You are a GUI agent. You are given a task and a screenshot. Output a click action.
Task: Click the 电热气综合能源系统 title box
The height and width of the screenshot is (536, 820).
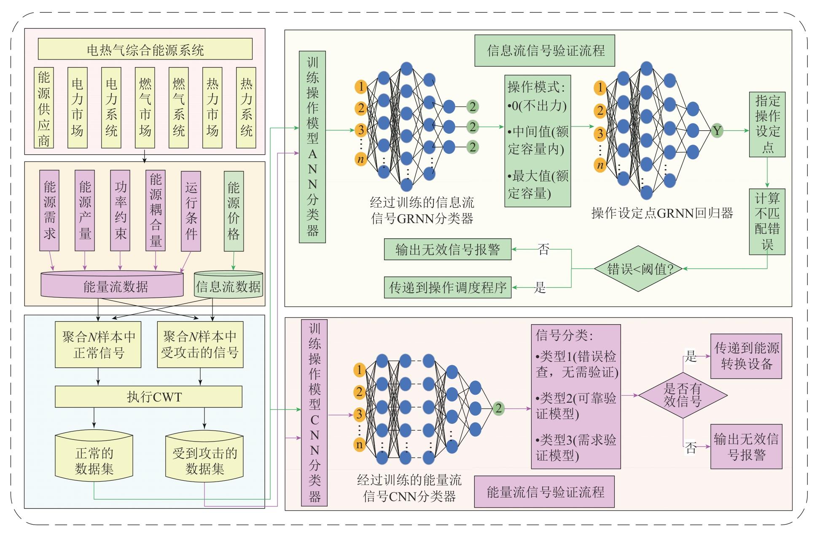coord(145,49)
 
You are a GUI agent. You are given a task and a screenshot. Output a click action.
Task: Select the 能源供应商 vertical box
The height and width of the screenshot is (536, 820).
coord(44,108)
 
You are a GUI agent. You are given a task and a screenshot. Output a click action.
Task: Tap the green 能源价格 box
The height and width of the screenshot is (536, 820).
coord(234,211)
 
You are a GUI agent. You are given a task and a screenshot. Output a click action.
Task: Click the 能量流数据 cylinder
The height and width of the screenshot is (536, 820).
coord(112,286)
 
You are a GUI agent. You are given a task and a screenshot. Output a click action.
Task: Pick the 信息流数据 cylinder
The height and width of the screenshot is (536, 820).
coord(228,286)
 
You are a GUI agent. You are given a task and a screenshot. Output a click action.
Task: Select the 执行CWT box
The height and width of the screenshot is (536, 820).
coord(148,396)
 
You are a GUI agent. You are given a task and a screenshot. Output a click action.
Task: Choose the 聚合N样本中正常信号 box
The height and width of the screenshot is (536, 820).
coord(98,345)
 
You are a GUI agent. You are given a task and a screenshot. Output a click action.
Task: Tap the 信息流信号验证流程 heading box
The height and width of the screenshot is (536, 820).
coord(545,51)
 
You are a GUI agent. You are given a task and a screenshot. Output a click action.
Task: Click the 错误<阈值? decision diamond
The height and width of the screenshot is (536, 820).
coord(638,269)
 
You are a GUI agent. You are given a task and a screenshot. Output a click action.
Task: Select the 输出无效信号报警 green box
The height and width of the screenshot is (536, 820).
coord(447,249)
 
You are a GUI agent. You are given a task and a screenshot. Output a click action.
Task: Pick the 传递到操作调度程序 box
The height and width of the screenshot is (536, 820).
coord(447,288)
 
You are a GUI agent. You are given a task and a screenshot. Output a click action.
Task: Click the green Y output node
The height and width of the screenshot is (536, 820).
coord(717,131)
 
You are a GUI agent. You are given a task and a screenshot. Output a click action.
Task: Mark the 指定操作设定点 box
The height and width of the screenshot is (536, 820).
coord(767,124)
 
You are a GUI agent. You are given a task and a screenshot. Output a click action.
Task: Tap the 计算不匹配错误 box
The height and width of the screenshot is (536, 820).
coord(767,222)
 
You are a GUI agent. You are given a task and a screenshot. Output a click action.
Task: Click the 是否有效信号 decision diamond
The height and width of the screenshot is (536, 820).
coord(683,395)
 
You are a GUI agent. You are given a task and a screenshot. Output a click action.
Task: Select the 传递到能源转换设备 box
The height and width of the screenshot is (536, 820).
coord(746,356)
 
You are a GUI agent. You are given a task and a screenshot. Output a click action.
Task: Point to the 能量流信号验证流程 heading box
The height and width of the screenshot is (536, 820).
coord(544,492)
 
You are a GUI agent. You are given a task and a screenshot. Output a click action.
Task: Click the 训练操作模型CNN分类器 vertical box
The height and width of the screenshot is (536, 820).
coord(315,413)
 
